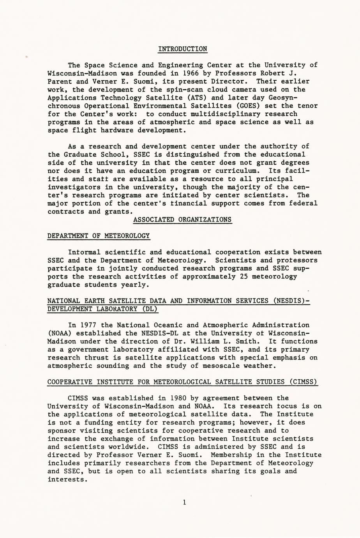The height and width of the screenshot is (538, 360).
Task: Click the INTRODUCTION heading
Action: [183, 49]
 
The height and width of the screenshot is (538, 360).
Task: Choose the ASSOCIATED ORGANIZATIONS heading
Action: [182, 219]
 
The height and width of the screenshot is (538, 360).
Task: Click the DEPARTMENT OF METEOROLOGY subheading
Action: [99, 236]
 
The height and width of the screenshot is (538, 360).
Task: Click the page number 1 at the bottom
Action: [184, 503]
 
